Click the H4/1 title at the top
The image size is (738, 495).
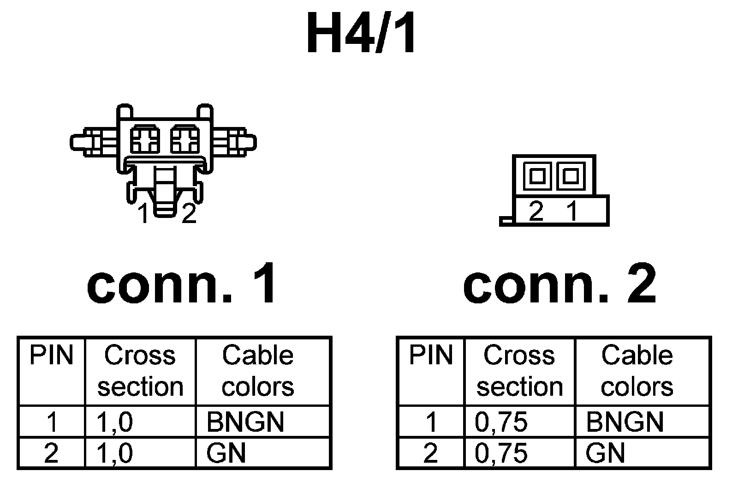pyautogui.click(x=362, y=34)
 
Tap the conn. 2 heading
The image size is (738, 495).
pyautogui.click(x=559, y=282)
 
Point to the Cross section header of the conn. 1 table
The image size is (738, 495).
pyautogui.click(x=140, y=371)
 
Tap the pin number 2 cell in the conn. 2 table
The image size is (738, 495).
pyautogui.click(x=430, y=453)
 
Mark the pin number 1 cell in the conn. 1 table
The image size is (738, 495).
pyautogui.click(x=51, y=422)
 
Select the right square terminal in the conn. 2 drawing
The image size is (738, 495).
pyautogui.click(x=571, y=176)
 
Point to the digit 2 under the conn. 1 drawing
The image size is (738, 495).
pyautogui.click(x=189, y=213)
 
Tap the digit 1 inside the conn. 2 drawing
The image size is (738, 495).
pyautogui.click(x=572, y=211)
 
